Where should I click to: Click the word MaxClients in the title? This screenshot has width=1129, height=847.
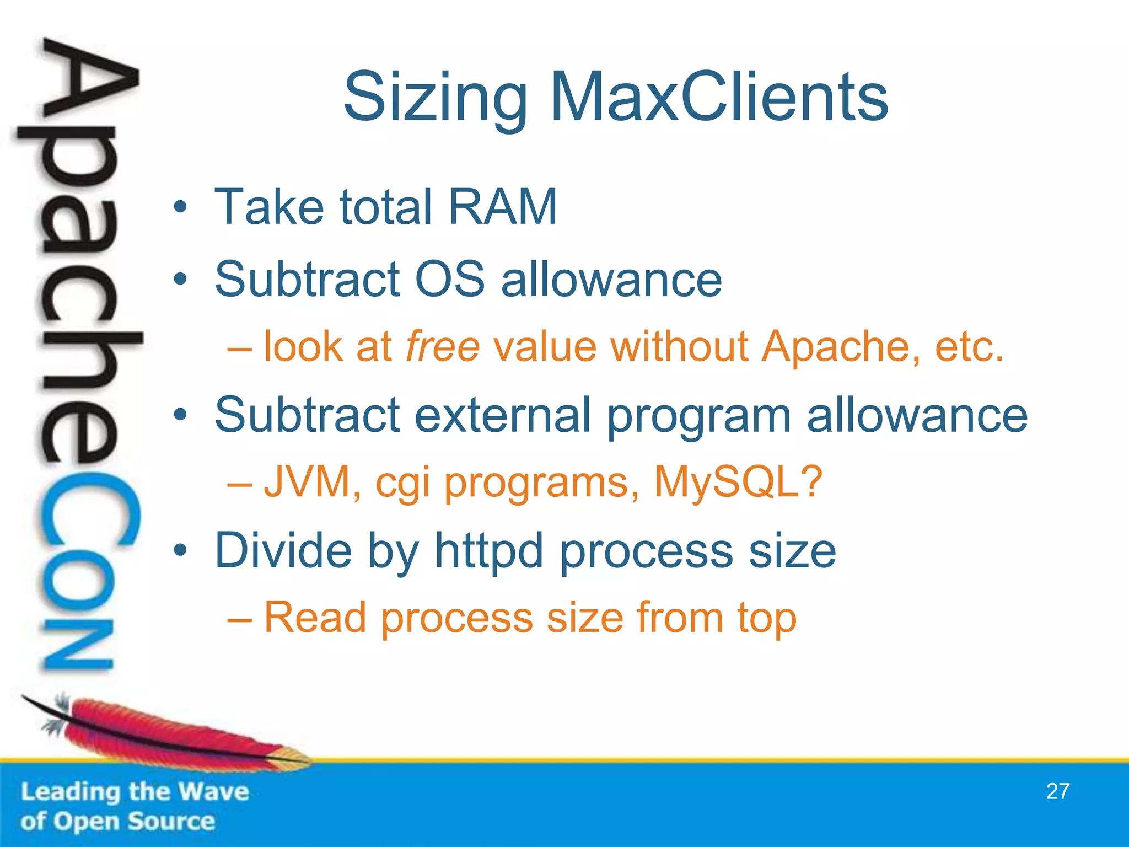719,98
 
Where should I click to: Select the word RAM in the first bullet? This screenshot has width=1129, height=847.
502,207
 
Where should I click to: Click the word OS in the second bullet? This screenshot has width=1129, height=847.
449,279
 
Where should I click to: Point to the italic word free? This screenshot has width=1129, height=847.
443,347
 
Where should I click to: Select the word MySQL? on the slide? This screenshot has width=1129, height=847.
738,482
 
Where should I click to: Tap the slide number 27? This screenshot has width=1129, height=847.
1057,791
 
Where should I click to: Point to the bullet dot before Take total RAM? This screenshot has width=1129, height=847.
180,208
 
